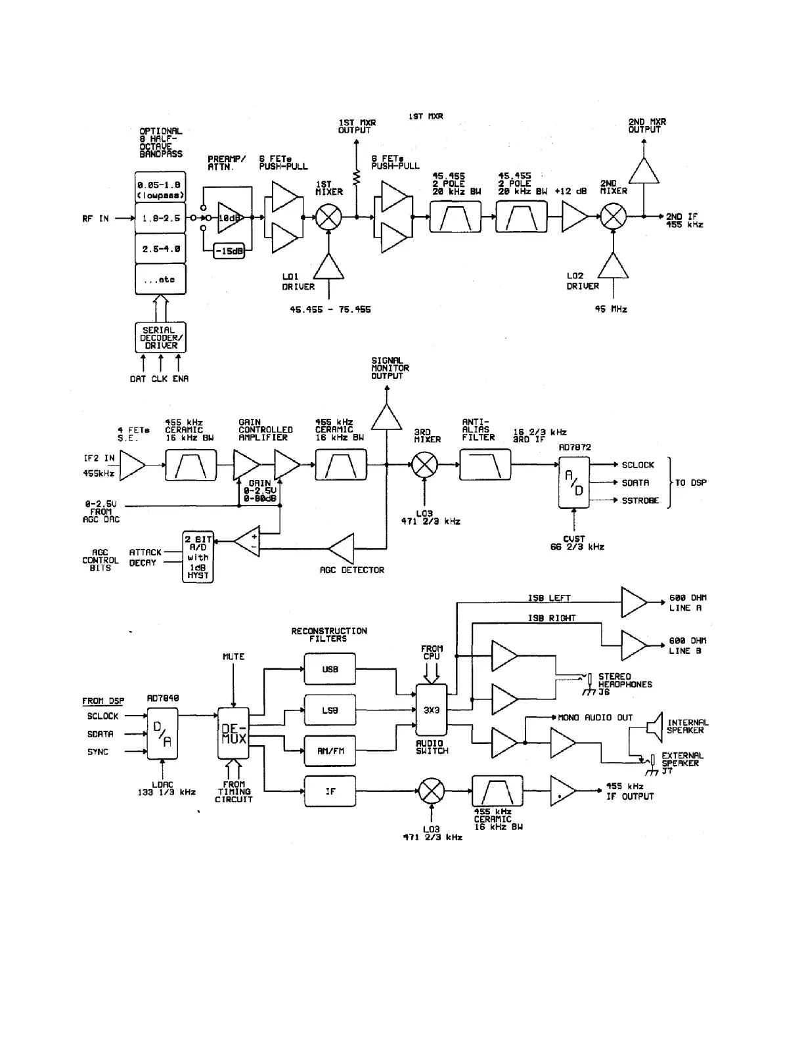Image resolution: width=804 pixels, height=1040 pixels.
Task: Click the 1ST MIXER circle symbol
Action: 326,218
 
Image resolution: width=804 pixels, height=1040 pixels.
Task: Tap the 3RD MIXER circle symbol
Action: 424,465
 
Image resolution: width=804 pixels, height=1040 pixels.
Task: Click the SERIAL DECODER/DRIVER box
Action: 160,337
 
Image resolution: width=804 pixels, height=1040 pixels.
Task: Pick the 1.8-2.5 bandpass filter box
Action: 160,219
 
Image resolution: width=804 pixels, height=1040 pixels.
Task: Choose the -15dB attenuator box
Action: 229,251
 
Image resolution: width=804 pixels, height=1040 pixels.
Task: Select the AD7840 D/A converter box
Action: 162,734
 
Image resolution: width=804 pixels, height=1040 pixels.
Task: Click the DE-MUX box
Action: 233,734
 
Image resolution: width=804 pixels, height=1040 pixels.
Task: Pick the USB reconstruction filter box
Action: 330,670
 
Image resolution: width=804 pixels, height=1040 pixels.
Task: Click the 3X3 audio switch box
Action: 432,710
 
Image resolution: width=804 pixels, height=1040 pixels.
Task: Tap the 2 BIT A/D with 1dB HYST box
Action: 197,557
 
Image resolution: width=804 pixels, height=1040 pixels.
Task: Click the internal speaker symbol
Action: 654,726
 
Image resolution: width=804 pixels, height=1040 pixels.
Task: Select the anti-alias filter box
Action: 485,465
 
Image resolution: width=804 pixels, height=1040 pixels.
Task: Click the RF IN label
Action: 95,219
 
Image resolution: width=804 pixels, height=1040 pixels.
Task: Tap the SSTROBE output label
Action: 640,500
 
